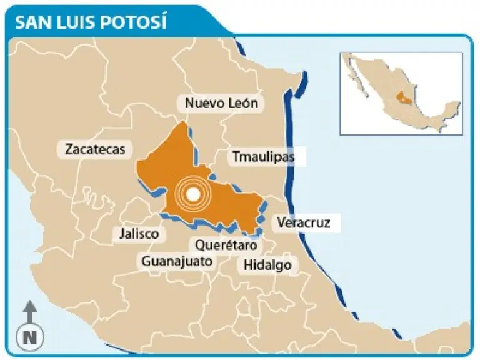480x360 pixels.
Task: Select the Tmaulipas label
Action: tap(263, 157)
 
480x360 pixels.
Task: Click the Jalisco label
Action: tap(139, 234)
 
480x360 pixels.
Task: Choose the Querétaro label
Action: tap(226, 245)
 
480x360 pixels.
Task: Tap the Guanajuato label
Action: tap(177, 261)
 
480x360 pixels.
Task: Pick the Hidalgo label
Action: tap(267, 264)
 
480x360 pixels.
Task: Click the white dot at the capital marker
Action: tap(194, 195)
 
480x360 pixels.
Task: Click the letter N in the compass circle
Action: tap(29, 337)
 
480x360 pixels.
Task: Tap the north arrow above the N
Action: tap(29, 311)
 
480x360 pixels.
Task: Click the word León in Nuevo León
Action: tap(241, 103)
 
